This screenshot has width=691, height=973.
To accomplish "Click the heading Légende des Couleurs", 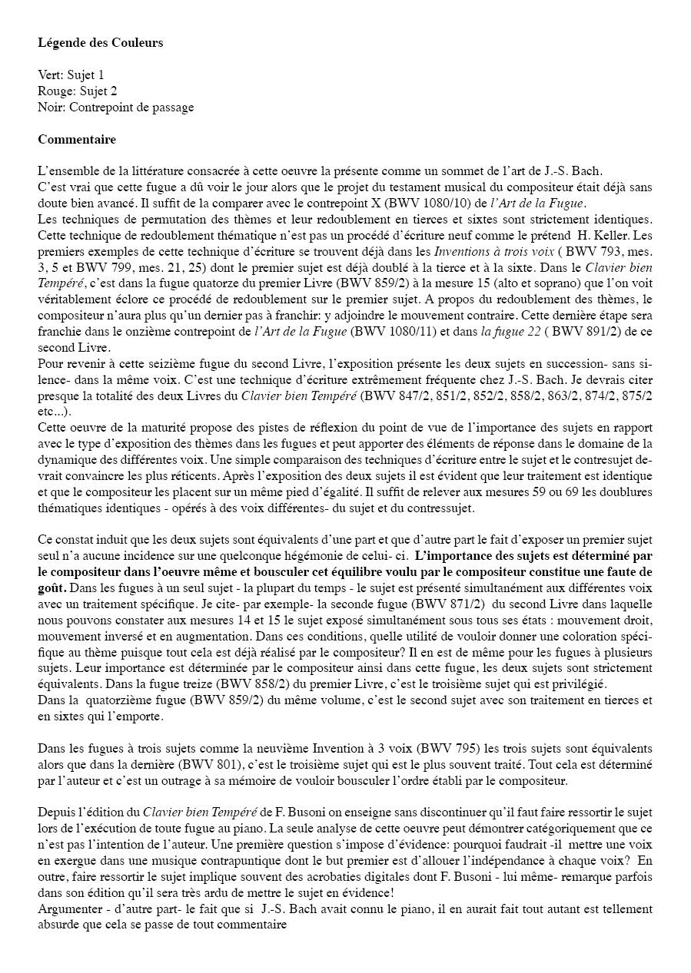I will pyautogui.click(x=101, y=43).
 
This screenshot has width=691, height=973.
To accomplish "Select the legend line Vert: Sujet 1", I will pyautogui.click(x=71, y=75).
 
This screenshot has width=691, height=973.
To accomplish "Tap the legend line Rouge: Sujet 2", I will pyautogui.click(x=78, y=91).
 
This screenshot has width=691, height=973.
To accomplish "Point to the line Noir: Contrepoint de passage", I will pyautogui.click(x=115, y=108).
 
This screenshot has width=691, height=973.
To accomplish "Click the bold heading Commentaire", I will pyautogui.click(x=77, y=140).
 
